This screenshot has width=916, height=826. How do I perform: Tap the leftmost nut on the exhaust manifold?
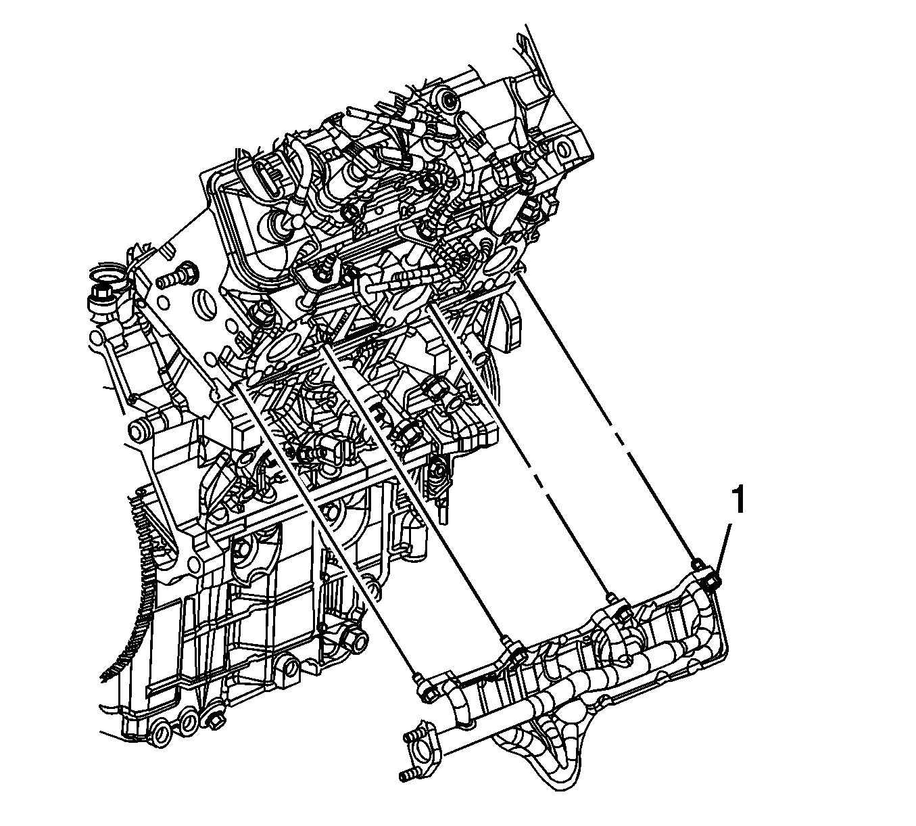click(430, 697)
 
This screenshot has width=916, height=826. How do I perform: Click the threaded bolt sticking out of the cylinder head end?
click(176, 276)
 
